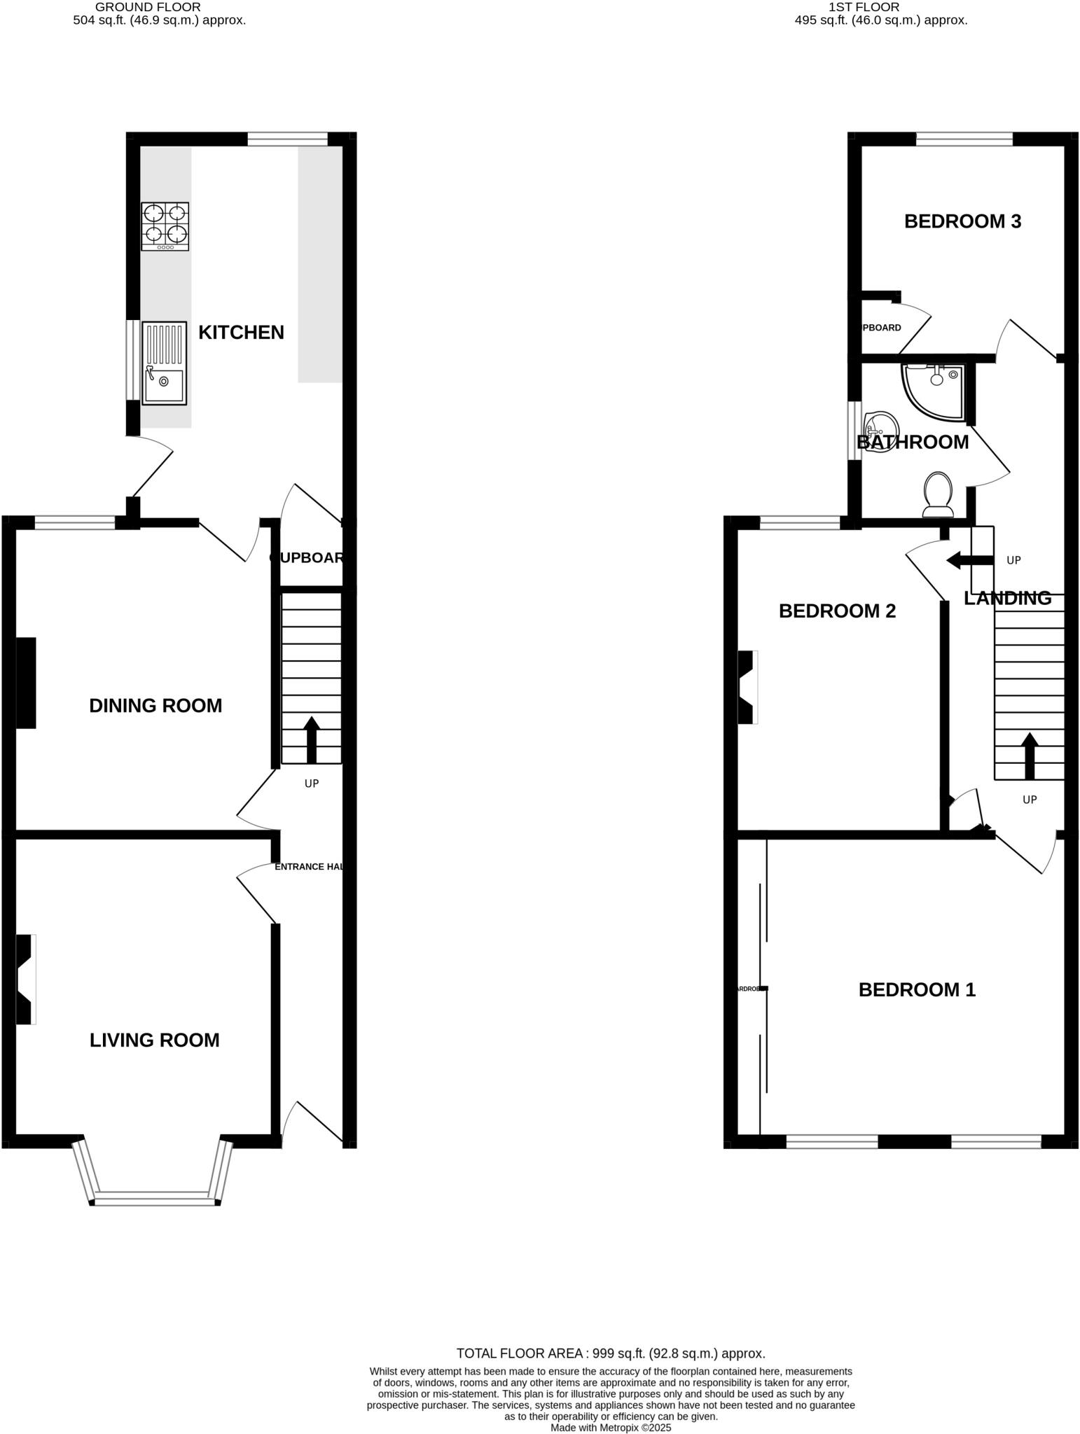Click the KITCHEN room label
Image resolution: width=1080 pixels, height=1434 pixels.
[x=241, y=333]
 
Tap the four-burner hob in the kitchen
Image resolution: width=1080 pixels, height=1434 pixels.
[x=165, y=226]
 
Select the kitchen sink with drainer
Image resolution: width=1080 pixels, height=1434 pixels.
[x=165, y=363]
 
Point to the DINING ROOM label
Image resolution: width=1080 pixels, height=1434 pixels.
[x=155, y=706]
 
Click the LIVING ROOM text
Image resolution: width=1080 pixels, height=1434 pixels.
[x=155, y=1040]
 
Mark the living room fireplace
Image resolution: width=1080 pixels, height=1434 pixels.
[x=26, y=980]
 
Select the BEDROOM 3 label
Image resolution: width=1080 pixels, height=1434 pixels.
[x=962, y=222]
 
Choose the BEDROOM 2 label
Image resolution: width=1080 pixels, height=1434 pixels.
[x=837, y=611]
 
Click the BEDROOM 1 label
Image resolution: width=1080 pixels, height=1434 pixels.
[x=917, y=990]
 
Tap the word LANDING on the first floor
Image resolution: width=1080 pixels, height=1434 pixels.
[x=1007, y=599]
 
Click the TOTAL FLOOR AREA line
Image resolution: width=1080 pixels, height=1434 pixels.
[x=610, y=1353]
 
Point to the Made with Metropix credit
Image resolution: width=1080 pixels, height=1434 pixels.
[x=610, y=1428]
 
